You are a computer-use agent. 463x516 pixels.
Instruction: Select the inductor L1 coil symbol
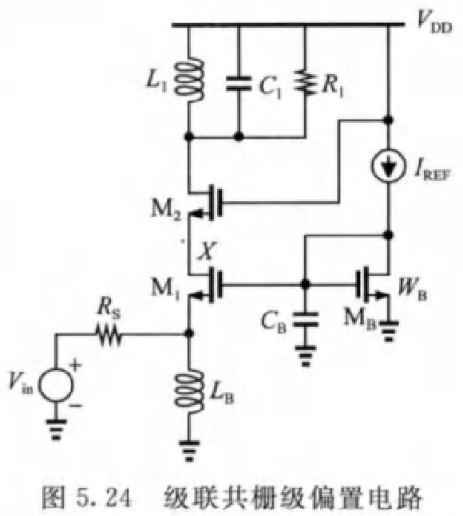(x=190, y=80)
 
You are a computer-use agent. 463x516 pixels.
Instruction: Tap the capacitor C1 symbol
(x=239, y=83)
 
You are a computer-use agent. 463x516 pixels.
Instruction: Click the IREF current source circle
(x=389, y=166)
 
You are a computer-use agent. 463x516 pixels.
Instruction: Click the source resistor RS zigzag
(x=109, y=335)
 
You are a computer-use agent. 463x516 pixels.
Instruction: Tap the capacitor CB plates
(x=306, y=320)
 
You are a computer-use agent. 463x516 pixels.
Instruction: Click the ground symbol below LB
(x=189, y=451)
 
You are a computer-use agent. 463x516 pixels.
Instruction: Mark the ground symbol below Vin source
(x=57, y=429)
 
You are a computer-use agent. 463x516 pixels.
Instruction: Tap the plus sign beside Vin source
(x=76, y=365)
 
